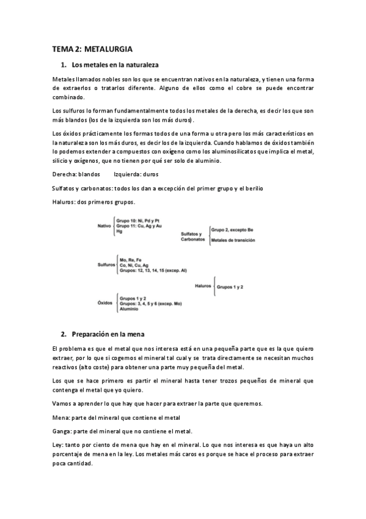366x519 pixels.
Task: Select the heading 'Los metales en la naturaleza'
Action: click(115, 64)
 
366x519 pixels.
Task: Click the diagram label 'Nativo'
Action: click(104, 226)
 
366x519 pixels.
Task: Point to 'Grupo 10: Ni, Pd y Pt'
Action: click(137, 220)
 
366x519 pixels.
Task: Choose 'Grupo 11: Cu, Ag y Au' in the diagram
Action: click(139, 226)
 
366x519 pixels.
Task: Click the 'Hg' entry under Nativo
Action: click(119, 232)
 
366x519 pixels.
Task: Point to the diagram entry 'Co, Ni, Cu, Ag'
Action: click(135, 265)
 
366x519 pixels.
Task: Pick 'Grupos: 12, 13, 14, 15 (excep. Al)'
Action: click(153, 271)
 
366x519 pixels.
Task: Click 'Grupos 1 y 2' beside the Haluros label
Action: click(230, 286)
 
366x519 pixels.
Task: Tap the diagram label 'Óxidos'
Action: click(105, 303)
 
